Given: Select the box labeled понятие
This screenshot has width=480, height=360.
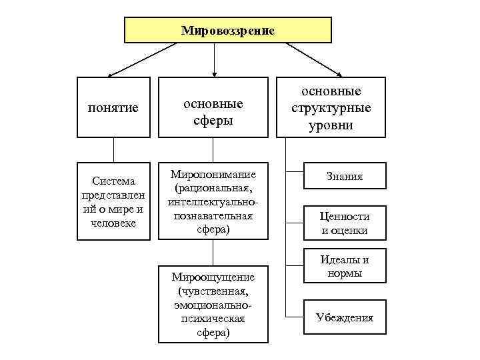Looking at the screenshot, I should [113, 107].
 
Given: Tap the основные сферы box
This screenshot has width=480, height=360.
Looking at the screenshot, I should [213, 107].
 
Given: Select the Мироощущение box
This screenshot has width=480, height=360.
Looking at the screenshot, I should [213, 304].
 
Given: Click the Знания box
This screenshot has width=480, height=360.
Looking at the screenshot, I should [345, 177].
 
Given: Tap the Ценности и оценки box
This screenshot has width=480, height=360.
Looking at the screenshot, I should [345, 223].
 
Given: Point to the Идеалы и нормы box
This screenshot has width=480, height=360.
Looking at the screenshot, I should [345, 266].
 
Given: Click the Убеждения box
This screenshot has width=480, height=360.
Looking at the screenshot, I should [345, 317].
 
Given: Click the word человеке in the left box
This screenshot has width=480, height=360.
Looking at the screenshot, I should [113, 222].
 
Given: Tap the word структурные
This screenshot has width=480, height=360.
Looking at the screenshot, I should [331, 108].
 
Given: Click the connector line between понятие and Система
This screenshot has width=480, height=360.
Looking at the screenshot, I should [113, 149].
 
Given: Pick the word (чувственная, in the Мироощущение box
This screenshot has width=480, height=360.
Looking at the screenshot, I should [213, 291].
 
